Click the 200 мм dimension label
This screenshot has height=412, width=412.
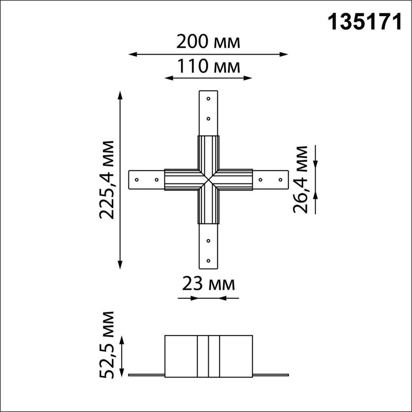click(208, 42)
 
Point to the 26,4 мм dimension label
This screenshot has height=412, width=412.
click(300, 179)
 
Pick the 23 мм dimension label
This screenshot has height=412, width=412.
click(208, 284)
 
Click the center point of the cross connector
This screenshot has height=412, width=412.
click(208, 180)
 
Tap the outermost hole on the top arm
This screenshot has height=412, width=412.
click(208, 99)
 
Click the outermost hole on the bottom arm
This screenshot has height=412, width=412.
click(208, 261)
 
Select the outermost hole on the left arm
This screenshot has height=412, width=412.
click(137, 180)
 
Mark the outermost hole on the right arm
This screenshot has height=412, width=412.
click(280, 180)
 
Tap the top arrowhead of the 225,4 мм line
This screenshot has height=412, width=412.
click(120, 94)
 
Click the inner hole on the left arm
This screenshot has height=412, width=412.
click(156, 180)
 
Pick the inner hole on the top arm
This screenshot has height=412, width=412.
click(208, 119)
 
